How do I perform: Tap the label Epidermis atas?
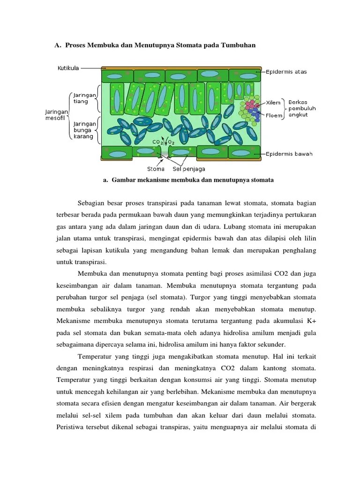(286, 72)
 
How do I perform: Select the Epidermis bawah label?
(289, 153)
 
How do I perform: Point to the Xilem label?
(273, 103)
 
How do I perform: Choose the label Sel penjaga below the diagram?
(189, 169)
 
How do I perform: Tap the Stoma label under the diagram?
(156, 169)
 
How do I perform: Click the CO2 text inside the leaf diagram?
(157, 142)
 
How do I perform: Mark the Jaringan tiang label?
(84, 98)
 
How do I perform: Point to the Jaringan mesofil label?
(56, 115)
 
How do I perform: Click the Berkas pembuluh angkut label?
(302, 108)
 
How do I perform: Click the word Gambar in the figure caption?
(125, 180)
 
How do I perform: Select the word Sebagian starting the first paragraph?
(91, 203)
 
